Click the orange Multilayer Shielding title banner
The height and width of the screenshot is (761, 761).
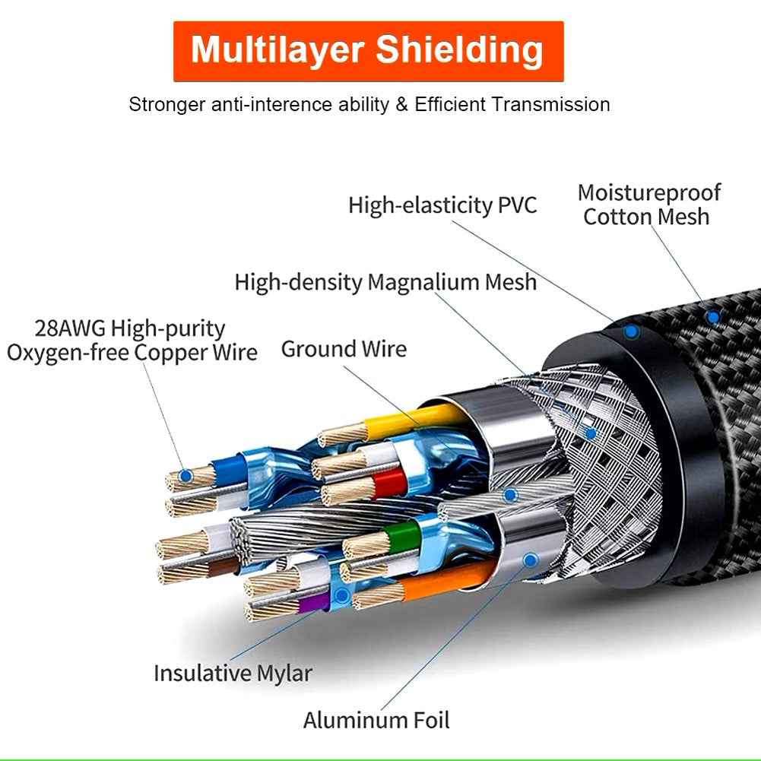(x=369, y=51)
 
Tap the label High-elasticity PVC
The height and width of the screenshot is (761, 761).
(x=442, y=205)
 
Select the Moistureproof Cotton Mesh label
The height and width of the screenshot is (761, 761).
(x=648, y=205)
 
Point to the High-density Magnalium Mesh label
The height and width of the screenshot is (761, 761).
(x=385, y=282)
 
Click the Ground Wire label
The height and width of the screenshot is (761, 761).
(x=344, y=349)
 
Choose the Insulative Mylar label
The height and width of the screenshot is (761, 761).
(x=233, y=673)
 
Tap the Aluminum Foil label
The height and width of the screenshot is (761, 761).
(x=376, y=720)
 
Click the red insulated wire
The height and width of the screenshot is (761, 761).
(x=388, y=482)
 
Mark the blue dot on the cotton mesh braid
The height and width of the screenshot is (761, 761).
(x=712, y=315)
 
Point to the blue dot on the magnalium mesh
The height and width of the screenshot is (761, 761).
(x=591, y=433)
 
